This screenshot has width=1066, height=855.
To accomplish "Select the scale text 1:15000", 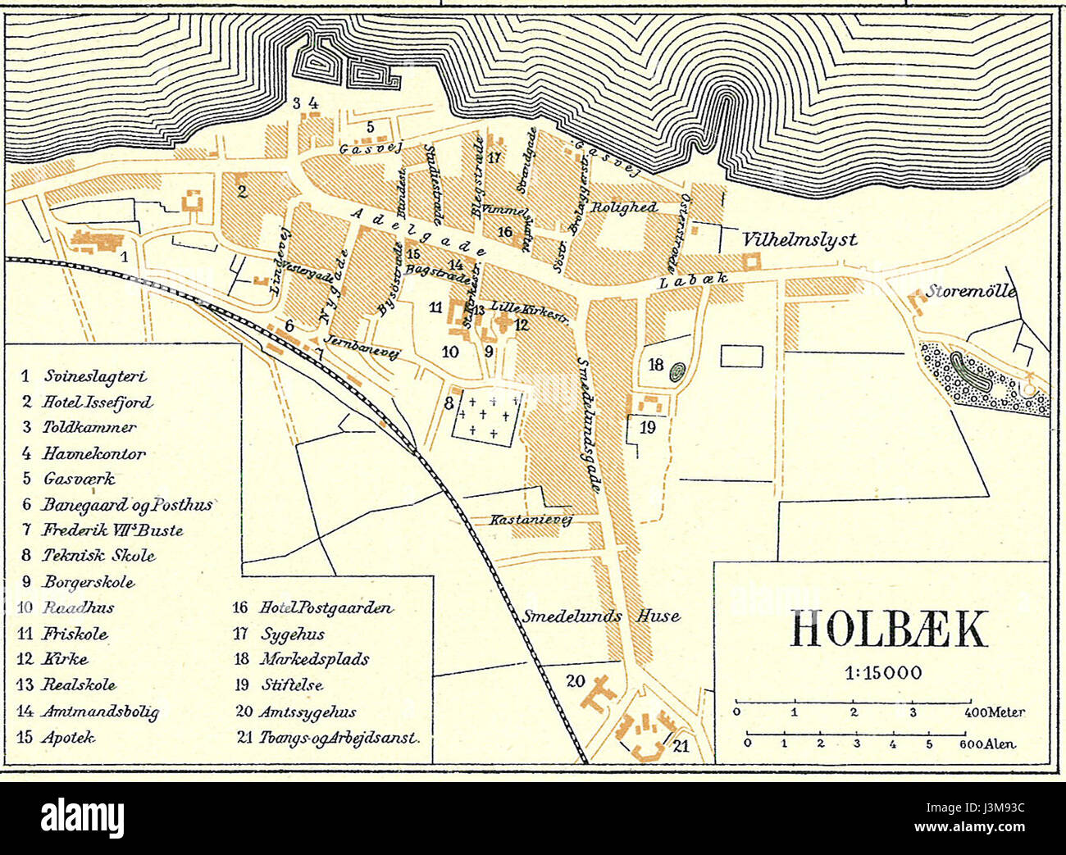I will pyautogui.click(x=883, y=673).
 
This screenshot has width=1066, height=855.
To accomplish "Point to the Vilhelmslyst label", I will pyautogui.click(x=799, y=239).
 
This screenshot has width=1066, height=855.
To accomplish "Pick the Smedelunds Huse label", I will pyautogui.click(x=601, y=616).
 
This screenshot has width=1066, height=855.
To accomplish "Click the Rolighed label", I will pyautogui.click(x=625, y=207).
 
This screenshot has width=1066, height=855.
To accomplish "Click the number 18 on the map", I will pyautogui.click(x=655, y=365).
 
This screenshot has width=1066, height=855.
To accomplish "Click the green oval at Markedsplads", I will pyautogui.click(x=677, y=371).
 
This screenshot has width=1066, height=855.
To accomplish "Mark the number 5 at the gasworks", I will pyautogui.click(x=370, y=127).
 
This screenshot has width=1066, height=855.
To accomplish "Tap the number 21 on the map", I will pyautogui.click(x=681, y=744).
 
